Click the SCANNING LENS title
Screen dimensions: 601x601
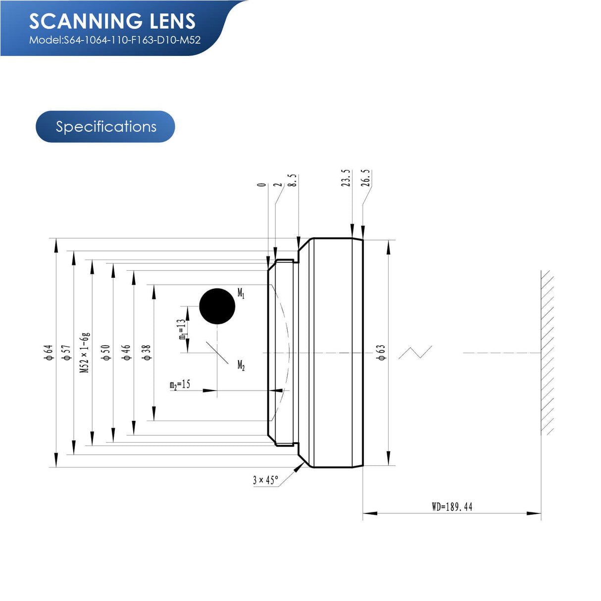click(x=112, y=21)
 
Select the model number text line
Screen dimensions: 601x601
click(x=115, y=40)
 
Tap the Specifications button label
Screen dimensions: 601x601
click(x=106, y=127)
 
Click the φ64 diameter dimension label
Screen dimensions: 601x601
click(x=49, y=352)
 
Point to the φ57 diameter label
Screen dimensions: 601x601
click(x=66, y=352)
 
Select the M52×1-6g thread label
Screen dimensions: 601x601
click(x=85, y=352)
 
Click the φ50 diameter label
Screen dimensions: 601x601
click(x=106, y=352)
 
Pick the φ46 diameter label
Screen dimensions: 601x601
click(x=127, y=352)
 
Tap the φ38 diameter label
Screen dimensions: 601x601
click(x=147, y=352)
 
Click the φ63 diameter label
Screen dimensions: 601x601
click(x=381, y=352)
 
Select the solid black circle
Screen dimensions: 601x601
click(x=217, y=306)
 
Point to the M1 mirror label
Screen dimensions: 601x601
click(x=241, y=293)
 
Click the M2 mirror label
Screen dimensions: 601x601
click(x=241, y=365)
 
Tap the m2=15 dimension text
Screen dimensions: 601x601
click(x=180, y=385)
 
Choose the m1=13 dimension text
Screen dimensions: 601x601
click(x=182, y=329)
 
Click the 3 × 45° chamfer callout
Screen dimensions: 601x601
click(x=265, y=480)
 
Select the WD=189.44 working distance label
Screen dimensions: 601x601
click(x=452, y=506)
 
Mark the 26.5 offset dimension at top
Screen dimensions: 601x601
click(x=365, y=178)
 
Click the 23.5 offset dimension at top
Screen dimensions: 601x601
click(x=346, y=178)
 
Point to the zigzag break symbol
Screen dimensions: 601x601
click(x=415, y=352)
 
